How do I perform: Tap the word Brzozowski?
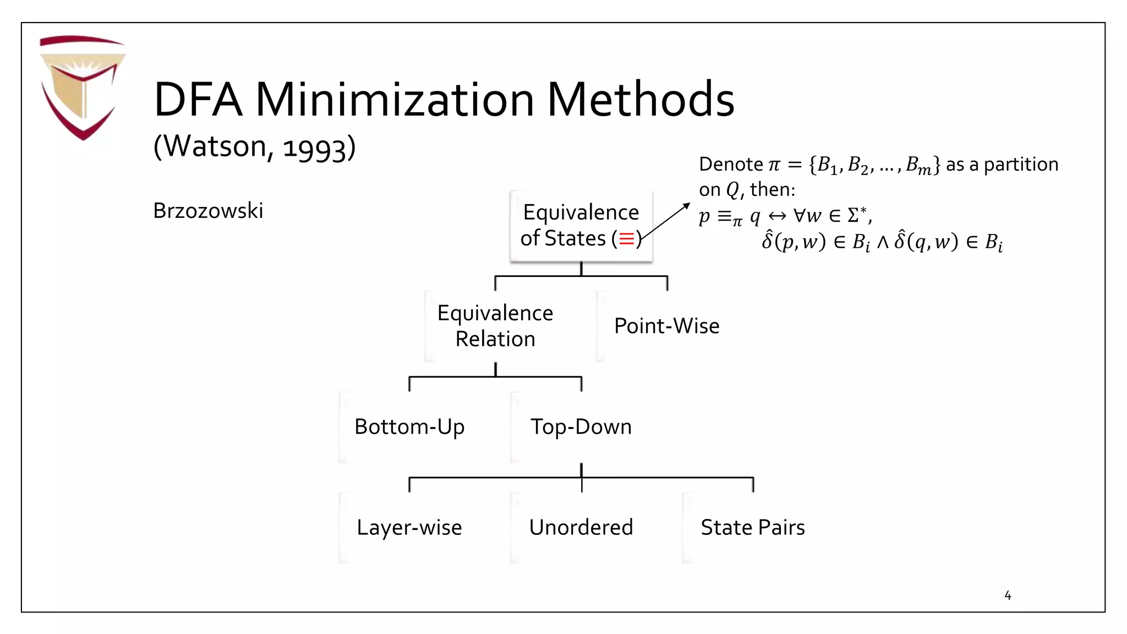[208, 211]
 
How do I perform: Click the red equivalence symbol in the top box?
[626, 239]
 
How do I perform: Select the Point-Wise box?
[666, 326]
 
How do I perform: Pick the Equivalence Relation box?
[495, 326]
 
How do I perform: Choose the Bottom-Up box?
[409, 427]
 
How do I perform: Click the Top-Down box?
[581, 427]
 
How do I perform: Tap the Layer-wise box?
[409, 527]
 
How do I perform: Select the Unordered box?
[581, 527]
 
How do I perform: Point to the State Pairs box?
[752, 527]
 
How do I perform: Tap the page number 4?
[1008, 595]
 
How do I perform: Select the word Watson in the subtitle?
[215, 146]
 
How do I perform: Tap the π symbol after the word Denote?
[774, 165]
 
